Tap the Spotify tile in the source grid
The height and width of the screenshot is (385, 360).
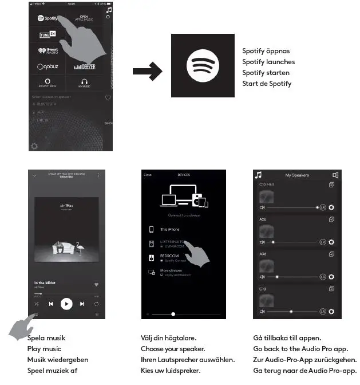click(x=48, y=18)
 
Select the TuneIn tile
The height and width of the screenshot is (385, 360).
click(x=48, y=35)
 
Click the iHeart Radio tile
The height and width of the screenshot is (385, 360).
click(x=48, y=50)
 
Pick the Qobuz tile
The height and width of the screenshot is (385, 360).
click(x=48, y=66)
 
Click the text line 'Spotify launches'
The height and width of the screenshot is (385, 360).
click(x=268, y=62)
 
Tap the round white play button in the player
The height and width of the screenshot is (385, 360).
click(x=67, y=304)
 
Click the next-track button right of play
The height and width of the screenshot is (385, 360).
click(x=82, y=304)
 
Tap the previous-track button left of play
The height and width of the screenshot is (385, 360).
click(x=51, y=304)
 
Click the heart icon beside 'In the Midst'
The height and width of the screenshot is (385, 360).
click(x=96, y=284)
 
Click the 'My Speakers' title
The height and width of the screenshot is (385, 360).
click(x=296, y=175)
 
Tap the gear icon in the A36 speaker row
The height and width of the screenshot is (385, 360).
click(x=331, y=277)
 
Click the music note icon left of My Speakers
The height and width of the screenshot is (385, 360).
click(x=258, y=175)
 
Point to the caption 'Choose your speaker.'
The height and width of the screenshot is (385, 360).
click(x=172, y=349)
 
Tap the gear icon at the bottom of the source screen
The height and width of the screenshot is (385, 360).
click(x=34, y=146)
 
